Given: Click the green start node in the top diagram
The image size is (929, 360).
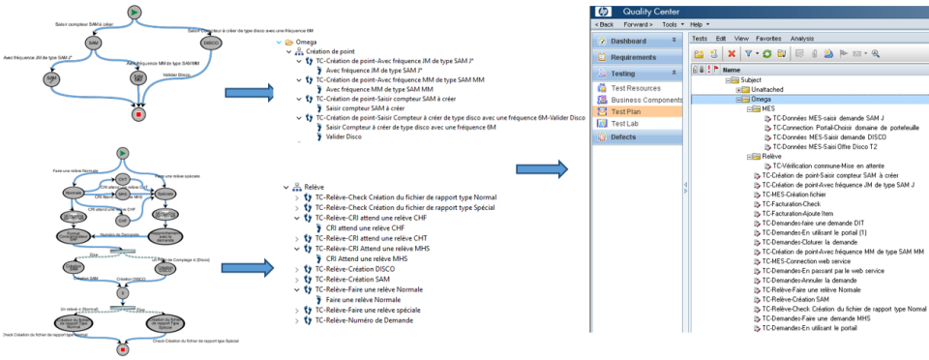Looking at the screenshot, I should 135,12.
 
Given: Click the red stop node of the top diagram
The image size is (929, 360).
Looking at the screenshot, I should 138,114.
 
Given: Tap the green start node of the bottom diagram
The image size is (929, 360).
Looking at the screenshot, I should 123,153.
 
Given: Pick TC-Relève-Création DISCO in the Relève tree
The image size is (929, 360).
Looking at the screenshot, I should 354,268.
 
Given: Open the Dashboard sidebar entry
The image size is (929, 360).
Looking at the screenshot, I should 638,41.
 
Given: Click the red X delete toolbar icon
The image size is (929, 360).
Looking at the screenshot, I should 732,53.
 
